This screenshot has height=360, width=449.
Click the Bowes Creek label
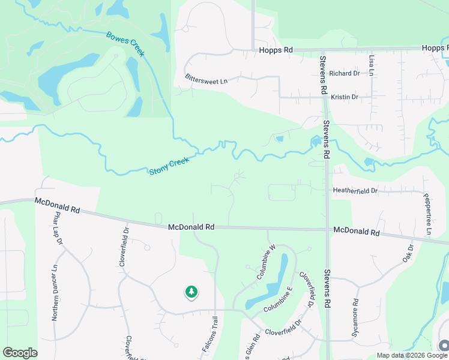pos(125,44)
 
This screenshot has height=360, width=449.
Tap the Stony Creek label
pos(169,166)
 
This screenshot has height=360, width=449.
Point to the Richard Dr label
pos(344,73)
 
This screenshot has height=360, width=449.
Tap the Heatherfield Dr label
pos(355,191)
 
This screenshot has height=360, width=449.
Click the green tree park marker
pos(191,292)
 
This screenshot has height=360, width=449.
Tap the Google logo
pos(20,353)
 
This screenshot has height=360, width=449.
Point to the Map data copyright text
pos(411,355)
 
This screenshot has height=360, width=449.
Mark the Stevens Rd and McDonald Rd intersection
pos(327,229)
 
